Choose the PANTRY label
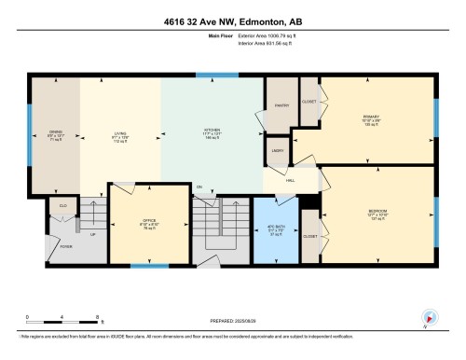280,105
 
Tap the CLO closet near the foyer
63,203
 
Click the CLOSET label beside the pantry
309,101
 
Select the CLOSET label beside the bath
309,236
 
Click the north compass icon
430,318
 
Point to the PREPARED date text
233,320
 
